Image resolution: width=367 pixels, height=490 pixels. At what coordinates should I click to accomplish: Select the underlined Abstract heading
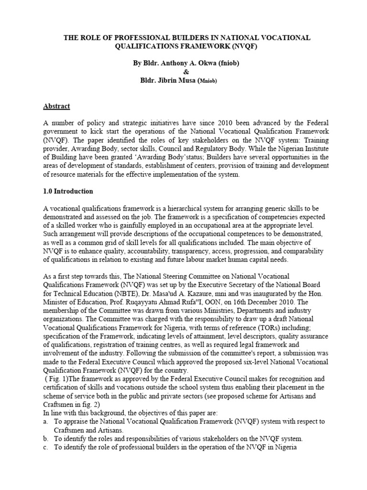pos(57,106)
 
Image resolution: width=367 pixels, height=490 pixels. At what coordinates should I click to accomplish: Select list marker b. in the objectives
pos(44,438)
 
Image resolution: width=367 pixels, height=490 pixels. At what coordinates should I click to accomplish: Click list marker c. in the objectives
pos(44,447)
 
